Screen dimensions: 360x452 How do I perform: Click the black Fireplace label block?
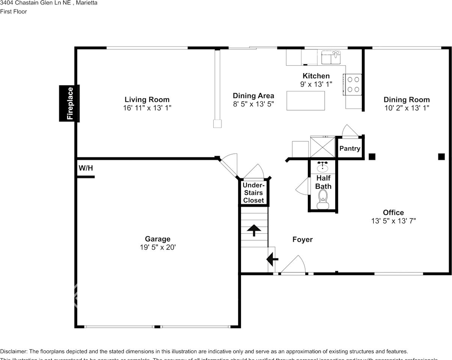click(69, 103)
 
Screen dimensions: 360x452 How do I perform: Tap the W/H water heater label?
click(86, 168)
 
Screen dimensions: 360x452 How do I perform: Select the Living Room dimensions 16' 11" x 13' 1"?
click(147, 108)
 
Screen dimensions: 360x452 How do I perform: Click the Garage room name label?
click(158, 239)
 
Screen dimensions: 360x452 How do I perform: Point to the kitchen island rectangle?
click(306, 100)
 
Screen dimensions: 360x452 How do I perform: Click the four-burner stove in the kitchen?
click(353, 84)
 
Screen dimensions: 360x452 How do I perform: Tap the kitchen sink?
click(331, 57)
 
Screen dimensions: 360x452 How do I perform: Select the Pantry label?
click(350, 148)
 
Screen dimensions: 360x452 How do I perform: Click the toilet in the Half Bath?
click(322, 199)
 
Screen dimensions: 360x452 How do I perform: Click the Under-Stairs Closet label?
click(253, 193)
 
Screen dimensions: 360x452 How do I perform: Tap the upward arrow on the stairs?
click(254, 230)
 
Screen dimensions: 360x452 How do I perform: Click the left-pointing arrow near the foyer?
click(272, 259)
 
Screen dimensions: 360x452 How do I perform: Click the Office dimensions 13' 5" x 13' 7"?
click(393, 221)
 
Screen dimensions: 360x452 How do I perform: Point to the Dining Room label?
click(407, 99)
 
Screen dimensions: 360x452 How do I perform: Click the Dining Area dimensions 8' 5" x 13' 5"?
click(253, 104)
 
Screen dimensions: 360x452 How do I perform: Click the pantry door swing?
click(350, 130)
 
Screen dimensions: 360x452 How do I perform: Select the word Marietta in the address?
click(86, 3)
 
